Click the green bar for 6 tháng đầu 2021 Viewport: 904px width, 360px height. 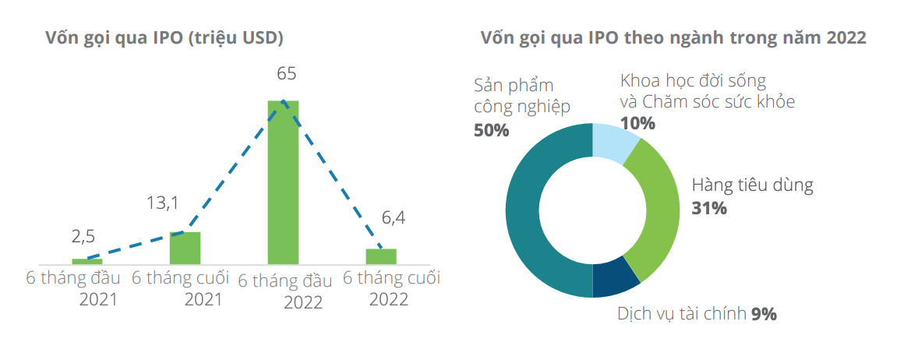coord(87,261)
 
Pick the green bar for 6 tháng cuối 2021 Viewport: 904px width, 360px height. coord(185,248)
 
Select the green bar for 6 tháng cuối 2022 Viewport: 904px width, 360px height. coord(381,256)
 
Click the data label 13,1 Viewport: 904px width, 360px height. coord(163,203)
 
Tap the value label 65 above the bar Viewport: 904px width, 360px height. coord(286,75)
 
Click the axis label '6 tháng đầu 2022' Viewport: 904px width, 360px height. coord(285,291)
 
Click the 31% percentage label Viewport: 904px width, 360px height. coord(709,208)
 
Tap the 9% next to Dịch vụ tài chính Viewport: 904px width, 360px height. coord(764,314)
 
